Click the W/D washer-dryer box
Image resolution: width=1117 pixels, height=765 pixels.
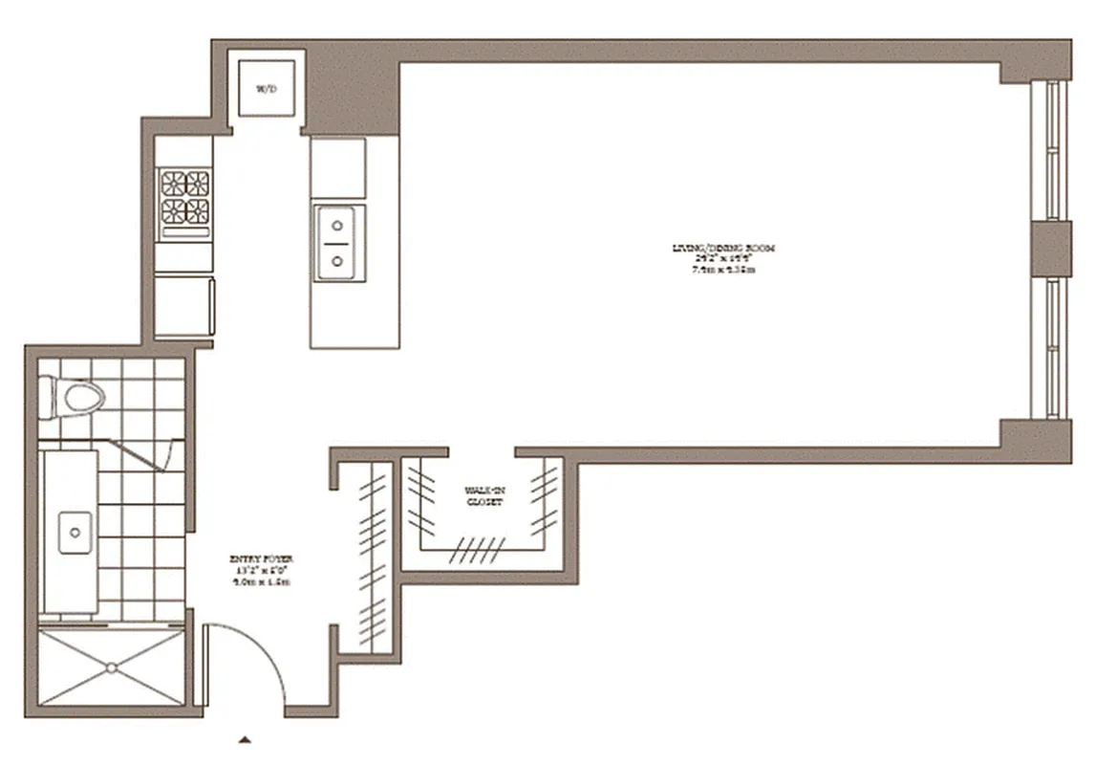(266, 88)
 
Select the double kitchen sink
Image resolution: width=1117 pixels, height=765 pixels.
(338, 243)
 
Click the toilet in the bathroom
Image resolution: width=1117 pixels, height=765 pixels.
(73, 398)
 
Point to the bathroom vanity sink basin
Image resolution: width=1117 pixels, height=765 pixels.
(75, 532)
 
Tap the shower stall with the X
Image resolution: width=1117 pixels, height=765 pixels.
(113, 666)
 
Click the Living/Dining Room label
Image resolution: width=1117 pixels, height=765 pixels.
(722, 258)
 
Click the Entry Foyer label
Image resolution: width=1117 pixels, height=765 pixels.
(258, 570)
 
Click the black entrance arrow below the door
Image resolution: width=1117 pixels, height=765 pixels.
(246, 739)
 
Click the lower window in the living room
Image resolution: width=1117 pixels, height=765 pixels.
(1053, 348)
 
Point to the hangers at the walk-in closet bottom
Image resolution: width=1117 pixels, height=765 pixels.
(481, 549)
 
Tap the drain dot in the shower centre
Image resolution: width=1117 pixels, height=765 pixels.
(113, 666)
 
